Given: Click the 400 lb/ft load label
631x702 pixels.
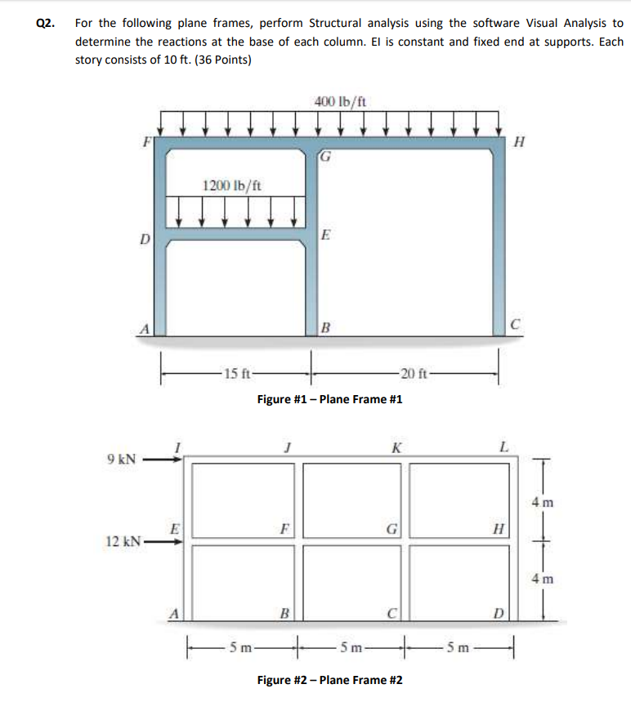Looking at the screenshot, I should point(340,101).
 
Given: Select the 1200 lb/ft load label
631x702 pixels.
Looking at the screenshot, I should point(233,184).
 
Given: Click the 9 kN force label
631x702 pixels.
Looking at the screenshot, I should point(122,460).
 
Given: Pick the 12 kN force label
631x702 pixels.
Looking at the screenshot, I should point(123,540).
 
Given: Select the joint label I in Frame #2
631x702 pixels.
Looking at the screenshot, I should point(174,446).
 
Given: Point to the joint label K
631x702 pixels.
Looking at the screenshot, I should point(396,446).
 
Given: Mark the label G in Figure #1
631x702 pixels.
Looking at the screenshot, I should point(325,156).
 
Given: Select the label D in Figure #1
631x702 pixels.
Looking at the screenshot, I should point(144,240).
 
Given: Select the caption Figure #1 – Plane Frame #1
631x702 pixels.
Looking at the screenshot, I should point(329,399).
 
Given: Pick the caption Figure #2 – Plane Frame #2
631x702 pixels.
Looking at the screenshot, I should point(329,680).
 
